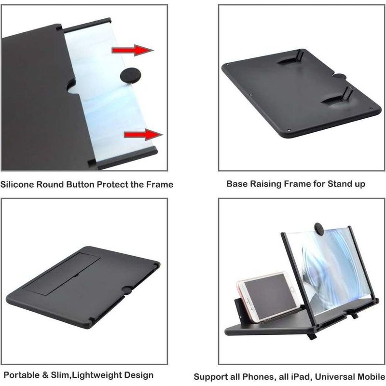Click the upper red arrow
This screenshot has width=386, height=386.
(132, 50)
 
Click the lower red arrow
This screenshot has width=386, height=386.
(143, 135)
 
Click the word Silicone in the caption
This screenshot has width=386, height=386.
(17, 184)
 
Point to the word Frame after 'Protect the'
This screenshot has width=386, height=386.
(160, 184)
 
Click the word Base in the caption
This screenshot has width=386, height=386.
(236, 184)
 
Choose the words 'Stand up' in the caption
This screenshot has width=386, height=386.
(346, 184)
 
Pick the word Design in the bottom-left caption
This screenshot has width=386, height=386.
(139, 375)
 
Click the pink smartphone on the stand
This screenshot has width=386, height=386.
(267, 296)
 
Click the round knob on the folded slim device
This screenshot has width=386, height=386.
(127, 290)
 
